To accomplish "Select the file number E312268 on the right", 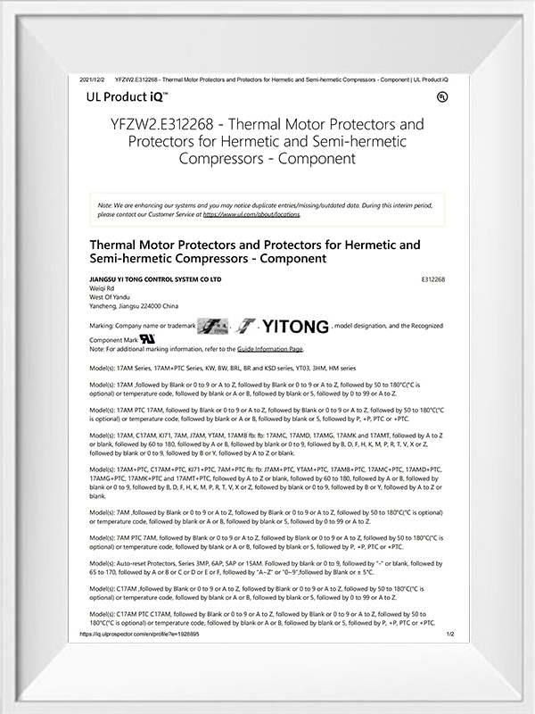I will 432,279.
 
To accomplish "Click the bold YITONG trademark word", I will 295,327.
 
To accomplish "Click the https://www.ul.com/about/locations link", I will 251,214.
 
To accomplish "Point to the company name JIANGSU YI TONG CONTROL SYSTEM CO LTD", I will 155,279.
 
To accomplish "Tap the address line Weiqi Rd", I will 103,288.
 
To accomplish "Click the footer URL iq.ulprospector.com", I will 138,634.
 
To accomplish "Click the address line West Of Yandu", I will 111,297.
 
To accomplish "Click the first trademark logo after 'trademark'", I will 213,327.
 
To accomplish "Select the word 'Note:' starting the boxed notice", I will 105,206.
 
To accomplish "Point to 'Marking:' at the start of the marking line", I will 104,328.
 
